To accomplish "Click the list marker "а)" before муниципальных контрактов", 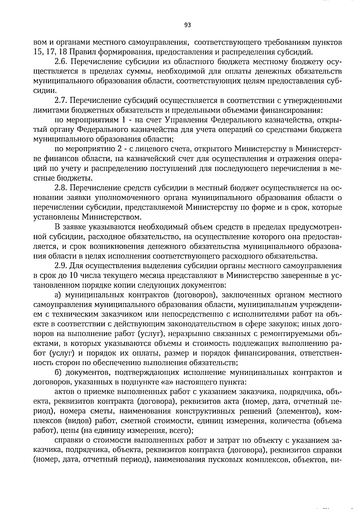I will click(x=58, y=295).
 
